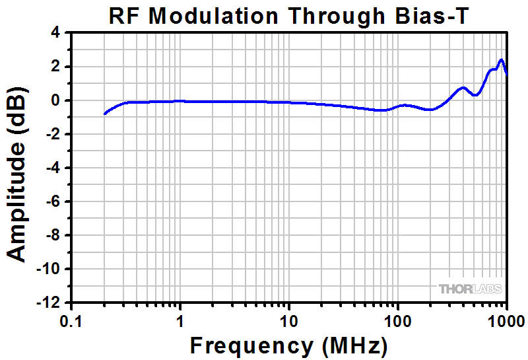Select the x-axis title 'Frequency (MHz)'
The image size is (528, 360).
pos(288,345)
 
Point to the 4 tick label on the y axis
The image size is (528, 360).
pos(55,33)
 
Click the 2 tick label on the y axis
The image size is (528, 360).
pos(55,67)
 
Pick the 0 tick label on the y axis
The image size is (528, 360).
pos(55,100)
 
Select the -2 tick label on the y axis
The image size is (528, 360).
pos(52,134)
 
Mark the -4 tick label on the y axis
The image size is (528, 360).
pos(52,168)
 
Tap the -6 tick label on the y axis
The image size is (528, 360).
pos(52,201)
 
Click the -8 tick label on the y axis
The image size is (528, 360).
pos(52,235)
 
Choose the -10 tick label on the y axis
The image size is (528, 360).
pos(48,269)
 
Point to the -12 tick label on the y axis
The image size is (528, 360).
pos(48,303)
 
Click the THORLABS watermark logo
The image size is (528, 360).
pos(470,289)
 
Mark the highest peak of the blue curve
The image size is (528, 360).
pos(501,60)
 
